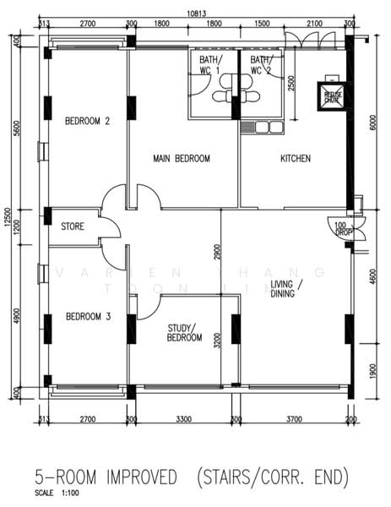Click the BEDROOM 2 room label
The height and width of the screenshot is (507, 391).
tap(88, 121)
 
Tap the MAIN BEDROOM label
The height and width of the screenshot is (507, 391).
tap(182, 158)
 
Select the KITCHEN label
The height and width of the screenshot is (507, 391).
tap(295, 158)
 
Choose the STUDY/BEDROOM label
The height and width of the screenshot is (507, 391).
tap(183, 332)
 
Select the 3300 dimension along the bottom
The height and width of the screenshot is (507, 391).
tap(183, 418)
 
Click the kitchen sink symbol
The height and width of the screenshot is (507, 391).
tap(262, 128)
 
